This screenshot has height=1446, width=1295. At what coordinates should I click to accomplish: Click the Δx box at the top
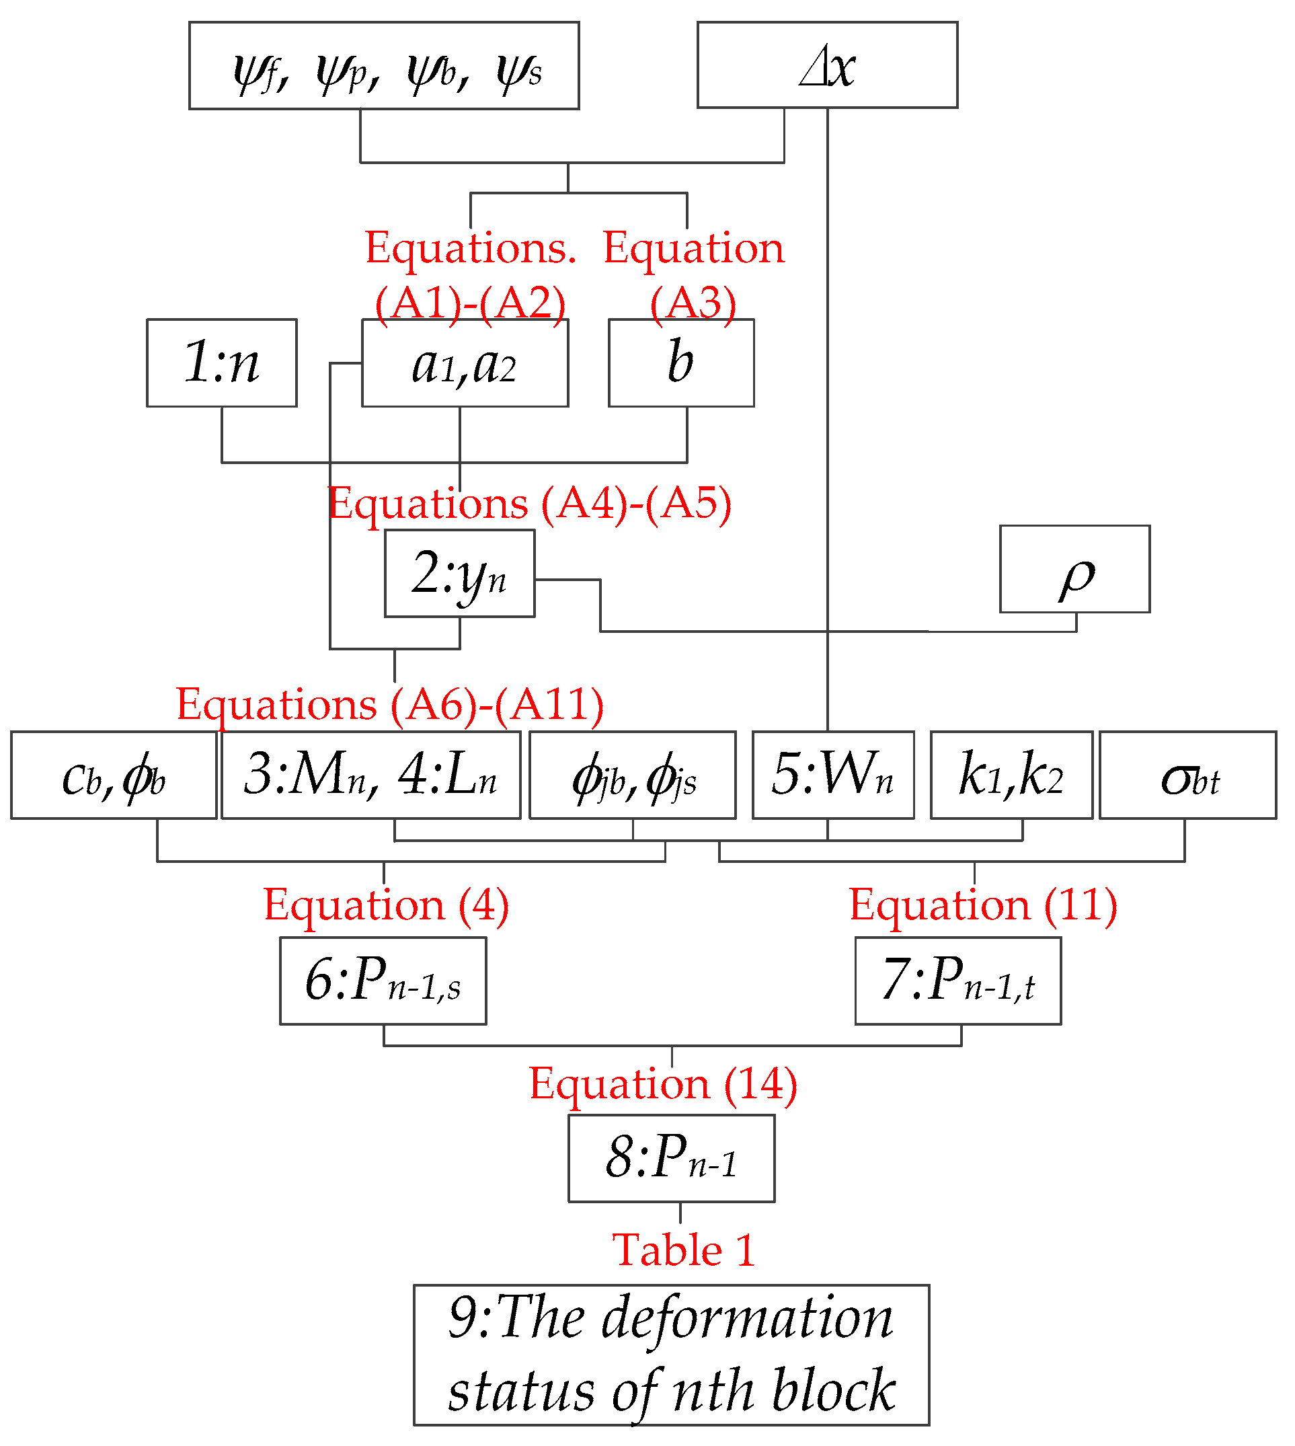coord(827,65)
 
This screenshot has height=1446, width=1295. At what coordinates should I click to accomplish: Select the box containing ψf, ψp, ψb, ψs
coord(383,66)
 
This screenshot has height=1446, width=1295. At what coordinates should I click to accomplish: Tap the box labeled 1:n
coord(221,363)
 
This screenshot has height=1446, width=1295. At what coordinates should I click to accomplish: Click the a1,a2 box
coord(465,364)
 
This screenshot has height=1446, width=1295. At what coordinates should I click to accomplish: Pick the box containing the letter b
coord(681,363)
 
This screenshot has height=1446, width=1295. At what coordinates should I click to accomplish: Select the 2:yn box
coord(460,573)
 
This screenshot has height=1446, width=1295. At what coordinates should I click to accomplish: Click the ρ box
coord(1074,569)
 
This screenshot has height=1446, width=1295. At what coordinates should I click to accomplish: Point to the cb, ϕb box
coord(114,775)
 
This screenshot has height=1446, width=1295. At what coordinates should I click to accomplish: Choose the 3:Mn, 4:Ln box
coord(370,775)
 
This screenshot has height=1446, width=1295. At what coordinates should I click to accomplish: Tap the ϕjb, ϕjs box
coord(633,775)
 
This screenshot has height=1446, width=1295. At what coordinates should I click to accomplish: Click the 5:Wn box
coord(833,775)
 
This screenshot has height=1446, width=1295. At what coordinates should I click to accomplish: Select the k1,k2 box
coord(1011,775)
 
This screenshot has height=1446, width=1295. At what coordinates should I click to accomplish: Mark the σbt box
coord(1187,775)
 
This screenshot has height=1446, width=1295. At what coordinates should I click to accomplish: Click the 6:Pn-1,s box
coord(383,981)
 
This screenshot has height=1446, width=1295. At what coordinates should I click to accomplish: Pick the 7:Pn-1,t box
coord(957,981)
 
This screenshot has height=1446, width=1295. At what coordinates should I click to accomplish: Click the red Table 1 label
coord(683,1250)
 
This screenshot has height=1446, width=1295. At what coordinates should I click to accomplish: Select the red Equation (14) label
coord(662,1084)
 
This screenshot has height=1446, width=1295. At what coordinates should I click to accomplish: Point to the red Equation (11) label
coord(982,906)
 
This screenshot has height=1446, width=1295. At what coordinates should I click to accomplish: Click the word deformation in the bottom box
coord(747,1319)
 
